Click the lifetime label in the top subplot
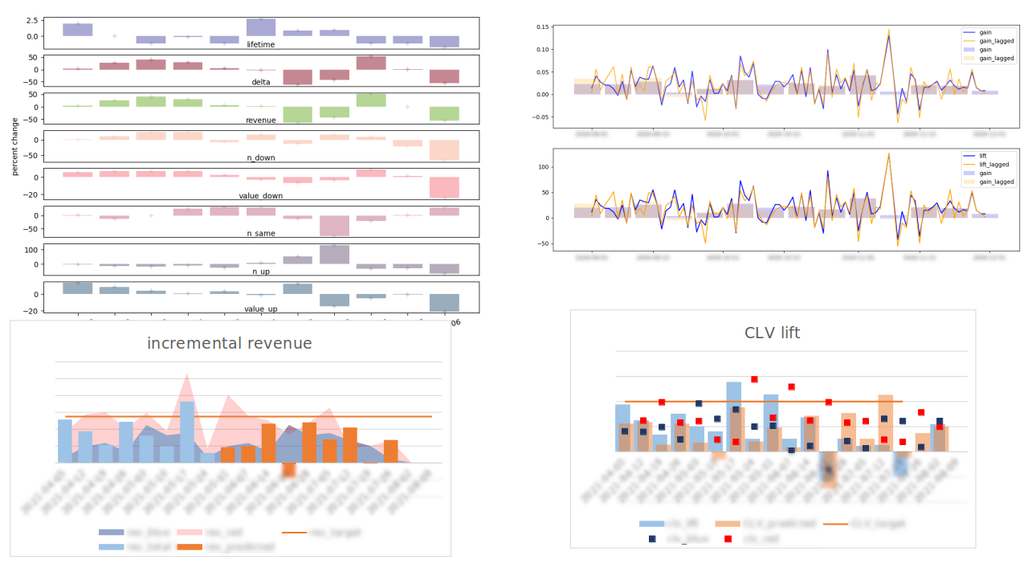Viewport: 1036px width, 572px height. pos(260,45)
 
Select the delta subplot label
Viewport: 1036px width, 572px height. pos(260,82)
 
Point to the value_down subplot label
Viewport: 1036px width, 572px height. pos(260,195)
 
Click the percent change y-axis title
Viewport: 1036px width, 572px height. pos(14,149)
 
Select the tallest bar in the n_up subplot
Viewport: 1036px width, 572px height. pos(335,254)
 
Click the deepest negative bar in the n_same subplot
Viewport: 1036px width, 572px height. pos(335,225)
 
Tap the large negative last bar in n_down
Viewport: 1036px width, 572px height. pos(444,149)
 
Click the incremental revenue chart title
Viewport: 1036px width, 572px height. pos(229,344)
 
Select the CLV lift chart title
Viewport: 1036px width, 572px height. pos(772,333)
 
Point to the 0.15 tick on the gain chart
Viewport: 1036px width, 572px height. pos(542,27)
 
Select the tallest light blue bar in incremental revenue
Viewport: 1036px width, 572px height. pos(187,432)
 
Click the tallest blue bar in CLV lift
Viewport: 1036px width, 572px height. pos(733,416)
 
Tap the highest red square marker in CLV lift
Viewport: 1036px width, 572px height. pos(754,379)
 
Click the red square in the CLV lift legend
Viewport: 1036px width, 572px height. pos(727,538)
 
